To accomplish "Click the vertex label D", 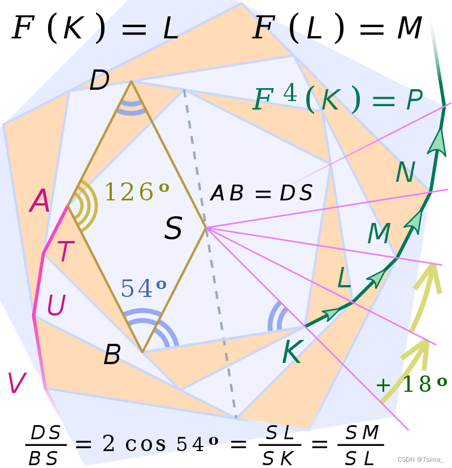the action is (x=99, y=80).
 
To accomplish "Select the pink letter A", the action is (x=40, y=202).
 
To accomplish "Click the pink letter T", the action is (x=66, y=252).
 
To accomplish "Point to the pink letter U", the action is (x=56, y=305).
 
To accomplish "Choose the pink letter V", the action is (x=17, y=383).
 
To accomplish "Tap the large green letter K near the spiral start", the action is (x=292, y=354).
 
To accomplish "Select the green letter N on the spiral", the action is (x=405, y=173).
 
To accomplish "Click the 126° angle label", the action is (x=136, y=193).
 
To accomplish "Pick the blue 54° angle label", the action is (x=144, y=288).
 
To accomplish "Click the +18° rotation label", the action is (x=411, y=384).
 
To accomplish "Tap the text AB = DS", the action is (x=261, y=194).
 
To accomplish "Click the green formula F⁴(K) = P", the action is (x=337, y=99).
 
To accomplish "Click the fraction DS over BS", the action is (x=45, y=445).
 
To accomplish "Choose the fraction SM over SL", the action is (x=362, y=445).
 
